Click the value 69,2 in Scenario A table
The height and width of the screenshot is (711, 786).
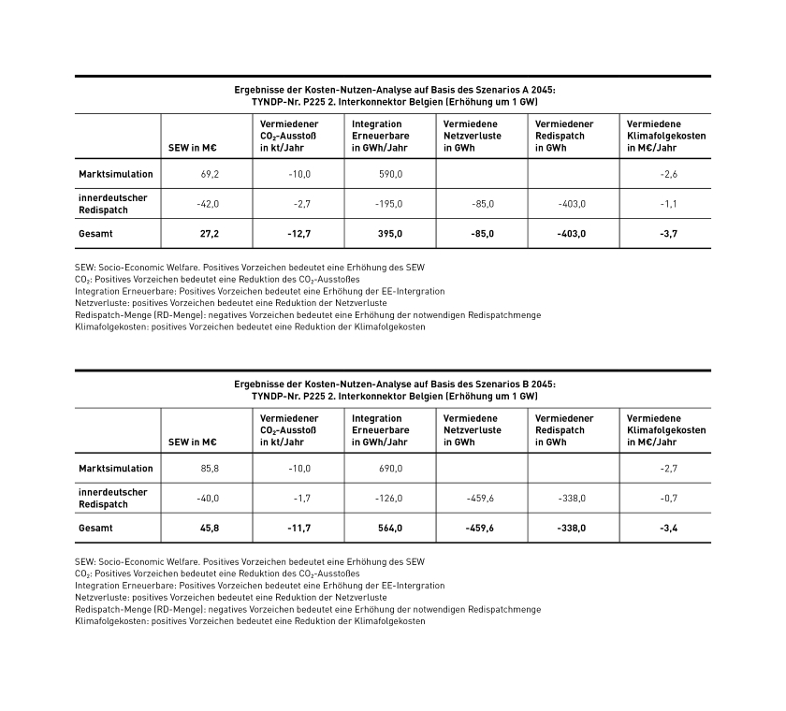click(x=209, y=174)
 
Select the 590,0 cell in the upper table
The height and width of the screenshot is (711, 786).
click(x=390, y=174)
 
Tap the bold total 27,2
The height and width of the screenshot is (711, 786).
click(x=209, y=234)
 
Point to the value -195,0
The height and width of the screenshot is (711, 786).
click(x=388, y=204)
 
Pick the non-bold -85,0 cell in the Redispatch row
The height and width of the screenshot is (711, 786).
click(x=481, y=204)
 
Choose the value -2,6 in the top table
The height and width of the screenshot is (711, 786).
click(x=668, y=174)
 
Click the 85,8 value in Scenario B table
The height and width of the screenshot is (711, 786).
click(x=209, y=468)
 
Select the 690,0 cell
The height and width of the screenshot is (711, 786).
click(x=390, y=468)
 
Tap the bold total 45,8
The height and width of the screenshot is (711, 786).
click(x=209, y=528)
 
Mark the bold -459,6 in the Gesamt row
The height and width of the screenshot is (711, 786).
click(x=479, y=528)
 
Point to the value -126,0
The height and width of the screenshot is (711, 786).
click(x=388, y=498)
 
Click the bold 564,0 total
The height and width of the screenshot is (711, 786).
click(x=390, y=528)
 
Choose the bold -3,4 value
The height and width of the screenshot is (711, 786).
click(x=668, y=528)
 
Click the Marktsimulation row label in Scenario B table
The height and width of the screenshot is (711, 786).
click(x=116, y=468)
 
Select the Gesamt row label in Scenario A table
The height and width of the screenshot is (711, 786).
click(x=95, y=234)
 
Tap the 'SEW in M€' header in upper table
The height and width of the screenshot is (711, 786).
click(x=192, y=148)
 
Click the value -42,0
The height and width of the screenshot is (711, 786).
click(x=207, y=204)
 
